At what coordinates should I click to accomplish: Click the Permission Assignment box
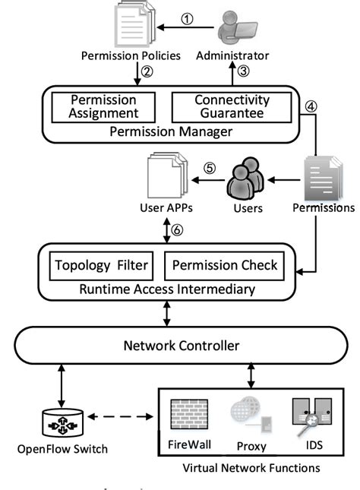point(103,107)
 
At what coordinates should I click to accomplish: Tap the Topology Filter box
point(102,266)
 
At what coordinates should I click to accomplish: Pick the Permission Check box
point(225,266)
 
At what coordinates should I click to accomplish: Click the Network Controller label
point(182,346)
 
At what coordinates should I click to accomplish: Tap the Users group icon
point(246,180)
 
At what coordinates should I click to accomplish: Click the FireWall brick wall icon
point(185,414)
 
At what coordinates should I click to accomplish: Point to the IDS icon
point(310,415)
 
